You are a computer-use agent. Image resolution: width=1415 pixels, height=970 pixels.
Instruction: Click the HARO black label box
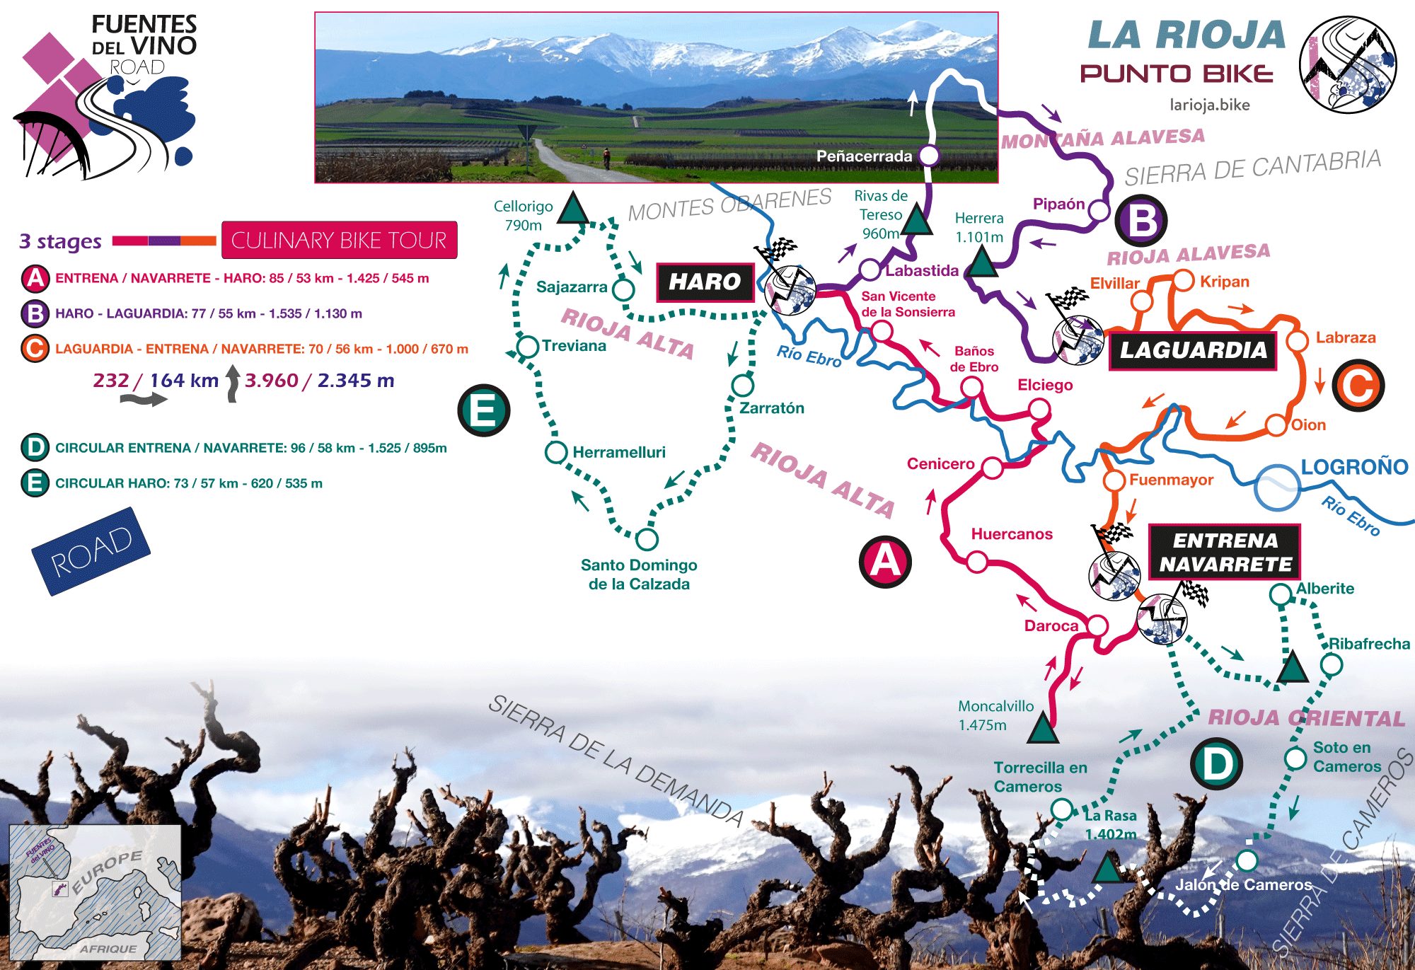[705, 282]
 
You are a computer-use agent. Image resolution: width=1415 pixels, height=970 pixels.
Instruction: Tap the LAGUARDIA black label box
[1193, 350]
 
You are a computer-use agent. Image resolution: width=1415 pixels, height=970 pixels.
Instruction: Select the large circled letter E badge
[483, 410]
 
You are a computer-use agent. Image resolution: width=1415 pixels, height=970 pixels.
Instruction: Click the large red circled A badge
[885, 562]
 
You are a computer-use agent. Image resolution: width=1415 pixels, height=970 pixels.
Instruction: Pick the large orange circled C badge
[1358, 386]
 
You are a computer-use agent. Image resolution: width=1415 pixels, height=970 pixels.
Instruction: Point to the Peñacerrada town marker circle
[928, 156]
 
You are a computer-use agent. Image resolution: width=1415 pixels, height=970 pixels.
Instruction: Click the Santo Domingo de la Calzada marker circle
[647, 539]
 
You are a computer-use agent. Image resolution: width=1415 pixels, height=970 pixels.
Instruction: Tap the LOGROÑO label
[1354, 467]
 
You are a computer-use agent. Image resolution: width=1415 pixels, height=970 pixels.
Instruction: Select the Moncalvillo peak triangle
[1042, 729]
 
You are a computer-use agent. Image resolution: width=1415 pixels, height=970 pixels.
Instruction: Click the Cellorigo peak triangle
[573, 210]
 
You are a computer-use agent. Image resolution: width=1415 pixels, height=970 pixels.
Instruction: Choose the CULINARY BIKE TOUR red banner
[339, 241]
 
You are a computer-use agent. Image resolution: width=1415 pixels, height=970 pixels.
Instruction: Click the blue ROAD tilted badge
[91, 551]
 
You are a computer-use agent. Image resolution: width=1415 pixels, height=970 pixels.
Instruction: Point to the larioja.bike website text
[1209, 105]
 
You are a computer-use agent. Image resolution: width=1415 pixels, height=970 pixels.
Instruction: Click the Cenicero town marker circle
[992, 468]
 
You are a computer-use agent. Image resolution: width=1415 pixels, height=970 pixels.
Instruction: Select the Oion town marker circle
[1276, 425]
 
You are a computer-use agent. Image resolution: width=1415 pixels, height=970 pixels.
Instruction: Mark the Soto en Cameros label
[1346, 757]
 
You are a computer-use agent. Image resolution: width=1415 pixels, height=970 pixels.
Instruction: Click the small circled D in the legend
[35, 448]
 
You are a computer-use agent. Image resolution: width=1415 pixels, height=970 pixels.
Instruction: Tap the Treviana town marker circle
[528, 347]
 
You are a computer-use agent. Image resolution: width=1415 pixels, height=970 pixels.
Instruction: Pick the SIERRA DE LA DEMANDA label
[616, 761]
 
